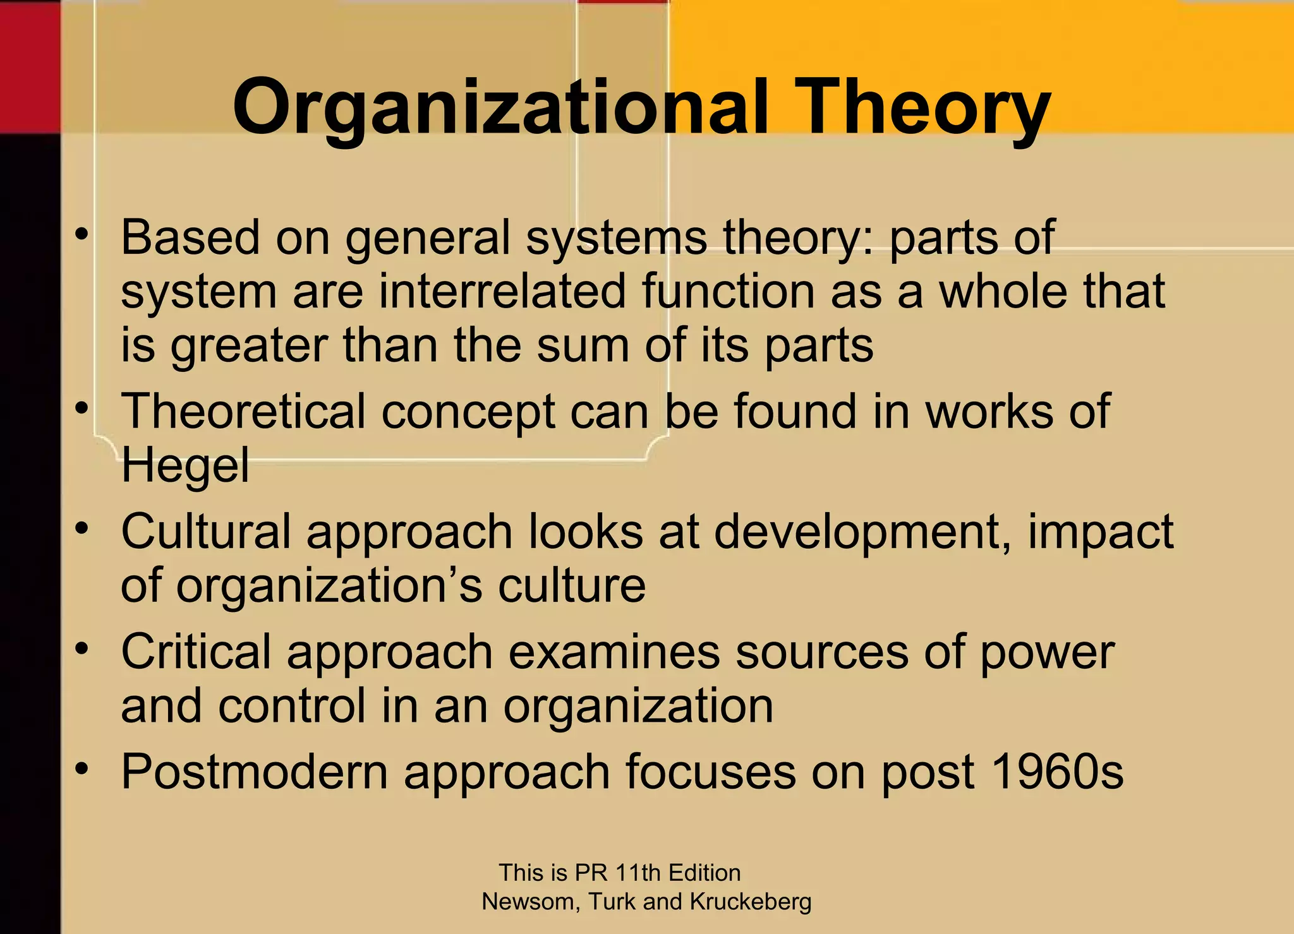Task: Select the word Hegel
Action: (185, 465)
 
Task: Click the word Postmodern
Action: (254, 772)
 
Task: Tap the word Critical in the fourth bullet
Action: (196, 652)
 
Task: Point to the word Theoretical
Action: (243, 412)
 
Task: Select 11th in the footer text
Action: (638, 873)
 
